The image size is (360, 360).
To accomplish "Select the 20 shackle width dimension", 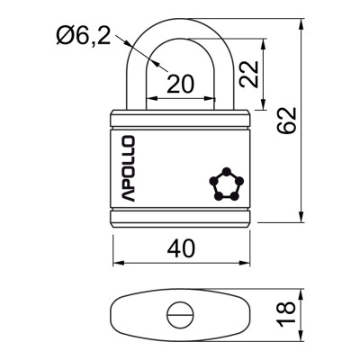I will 180,83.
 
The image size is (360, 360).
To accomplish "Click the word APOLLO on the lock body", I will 126,168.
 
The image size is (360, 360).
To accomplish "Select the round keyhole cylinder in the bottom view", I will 177,315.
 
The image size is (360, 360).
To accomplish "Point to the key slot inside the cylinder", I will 177,315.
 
